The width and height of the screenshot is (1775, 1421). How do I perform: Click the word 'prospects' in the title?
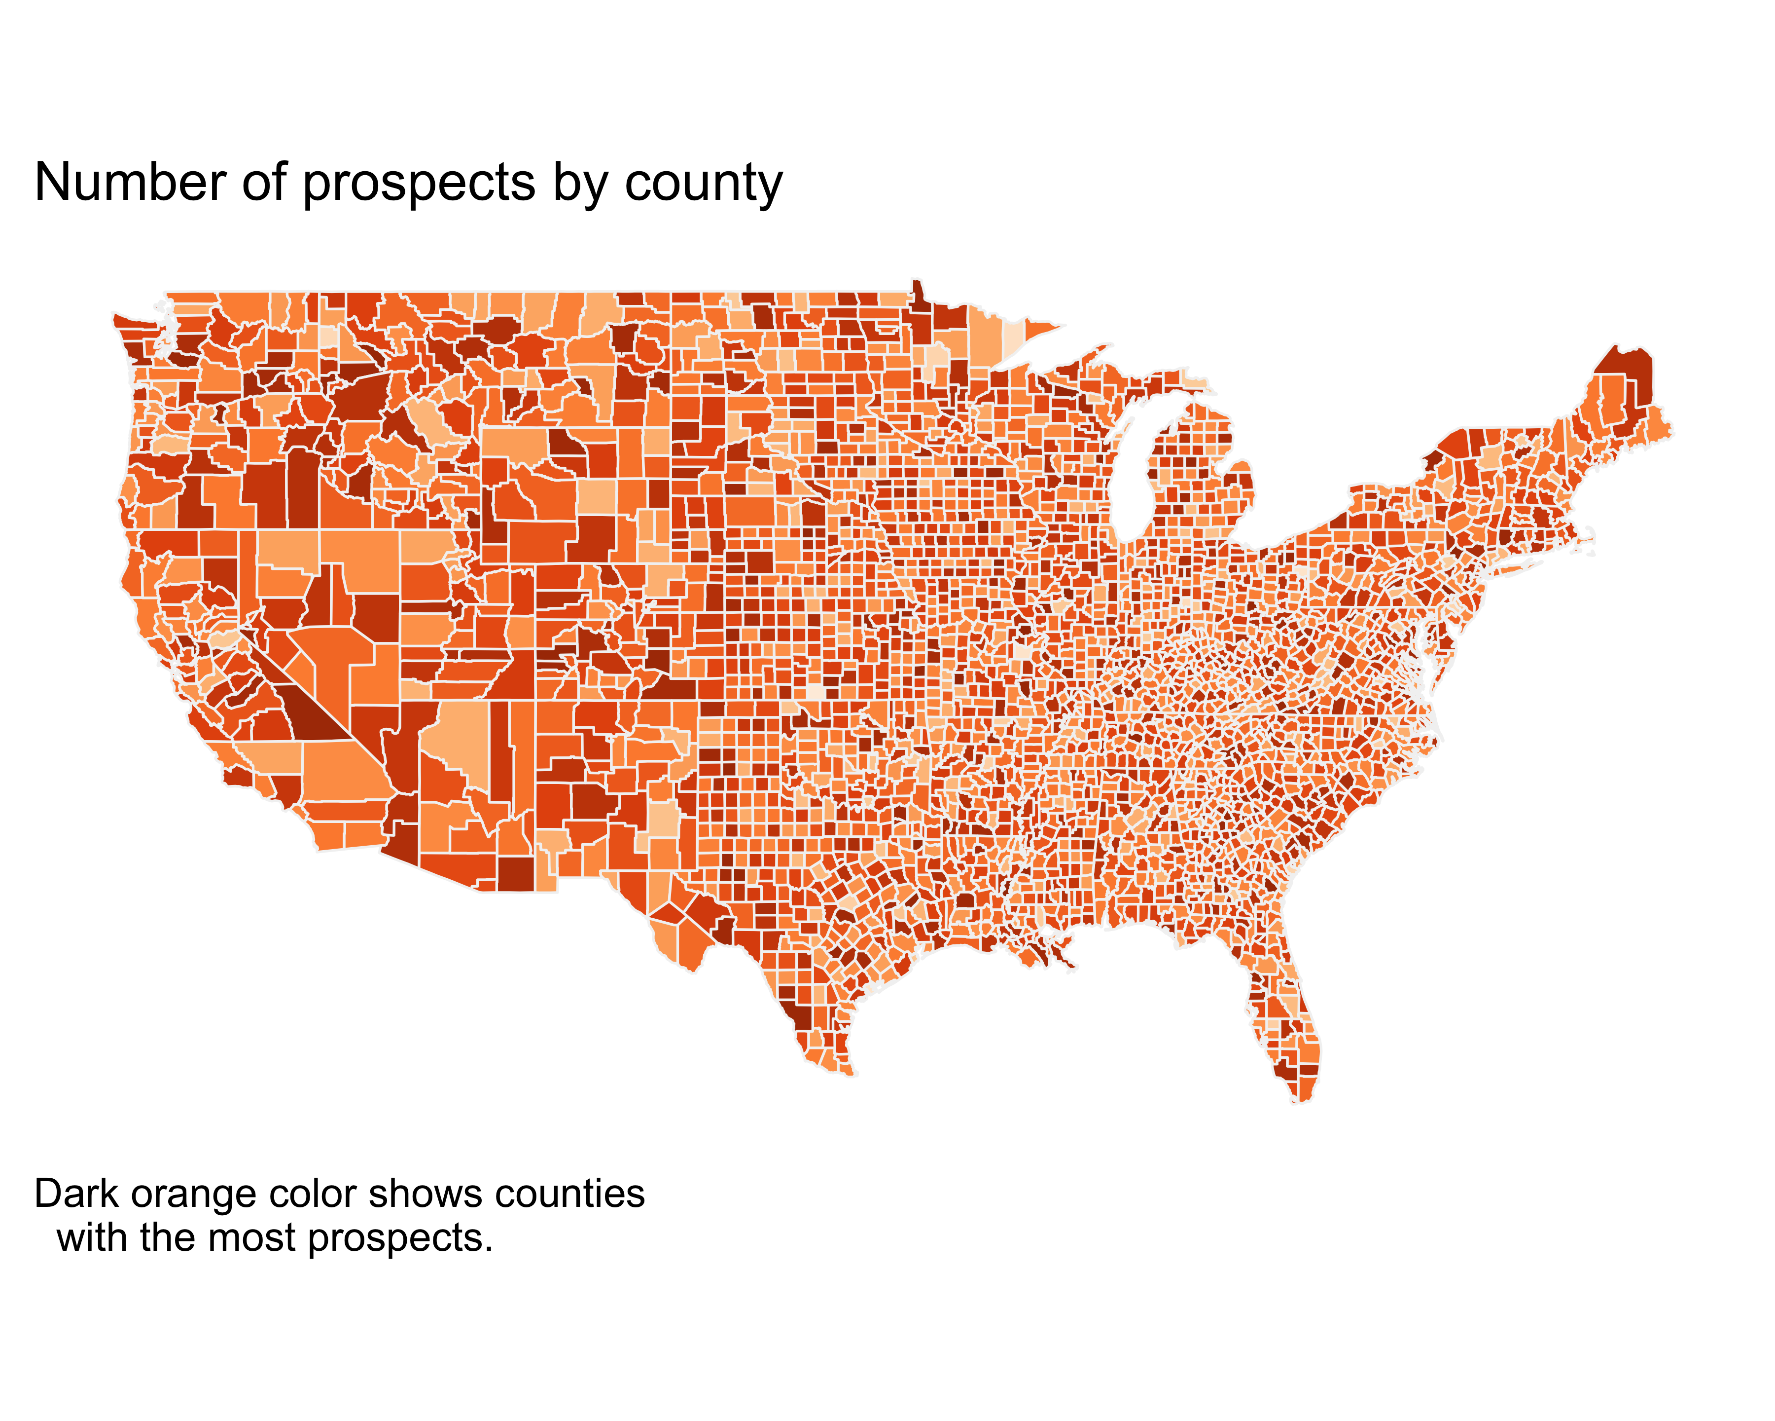point(420,184)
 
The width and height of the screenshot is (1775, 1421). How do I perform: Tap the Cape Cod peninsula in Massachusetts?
point(1585,540)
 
